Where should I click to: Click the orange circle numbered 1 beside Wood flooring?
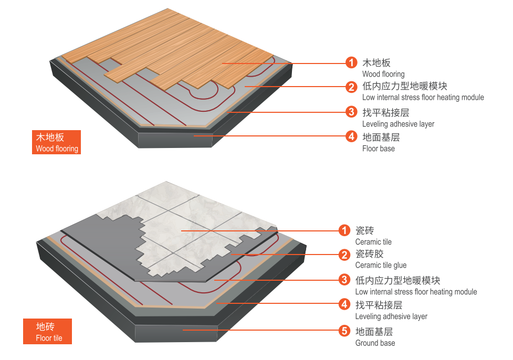coord(351,63)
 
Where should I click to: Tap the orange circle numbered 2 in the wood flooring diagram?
coord(351,87)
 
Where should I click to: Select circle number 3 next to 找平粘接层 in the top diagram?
coord(351,112)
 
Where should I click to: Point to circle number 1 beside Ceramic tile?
coord(344,230)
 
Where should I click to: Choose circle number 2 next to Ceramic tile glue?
coord(344,255)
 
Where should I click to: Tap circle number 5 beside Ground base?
coord(344,331)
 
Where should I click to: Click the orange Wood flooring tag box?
coord(56,142)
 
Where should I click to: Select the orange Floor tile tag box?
coord(47,332)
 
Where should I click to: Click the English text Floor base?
coord(378,149)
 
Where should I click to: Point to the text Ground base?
coord(375,343)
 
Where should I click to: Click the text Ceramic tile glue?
coord(381,266)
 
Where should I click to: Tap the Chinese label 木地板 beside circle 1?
coord(376,63)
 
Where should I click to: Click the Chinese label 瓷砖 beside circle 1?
coord(364,230)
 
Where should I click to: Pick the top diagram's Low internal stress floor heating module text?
coord(423,98)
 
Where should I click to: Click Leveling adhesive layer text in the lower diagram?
coord(391,316)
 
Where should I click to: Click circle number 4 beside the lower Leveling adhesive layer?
coord(344,304)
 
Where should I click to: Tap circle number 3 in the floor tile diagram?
coord(344,279)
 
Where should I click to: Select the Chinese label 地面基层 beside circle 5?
coord(374,331)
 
